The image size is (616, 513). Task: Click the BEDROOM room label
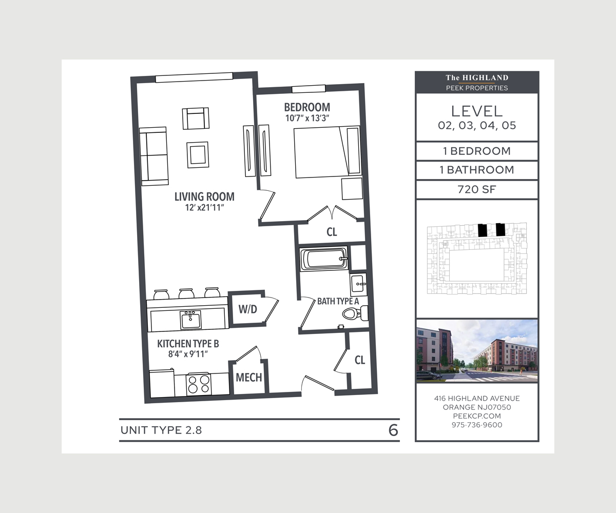coord(307,107)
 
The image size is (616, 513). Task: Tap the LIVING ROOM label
coord(204,196)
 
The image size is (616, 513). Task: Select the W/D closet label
coord(248,309)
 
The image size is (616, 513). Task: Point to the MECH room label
coord(248,378)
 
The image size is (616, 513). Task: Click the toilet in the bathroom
coord(355,313)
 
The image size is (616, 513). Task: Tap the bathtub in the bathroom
coord(323,259)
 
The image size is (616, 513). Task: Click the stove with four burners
coord(199,384)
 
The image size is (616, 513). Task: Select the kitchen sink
coord(190,319)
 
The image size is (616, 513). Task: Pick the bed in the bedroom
coord(327,152)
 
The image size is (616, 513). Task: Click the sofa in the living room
coord(153,156)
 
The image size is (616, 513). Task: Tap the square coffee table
coord(198,155)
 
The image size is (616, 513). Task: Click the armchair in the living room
coord(196,118)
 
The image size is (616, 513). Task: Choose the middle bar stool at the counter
coord(186,293)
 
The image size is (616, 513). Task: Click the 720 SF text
coord(477,189)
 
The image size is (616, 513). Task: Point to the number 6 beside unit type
coord(393,430)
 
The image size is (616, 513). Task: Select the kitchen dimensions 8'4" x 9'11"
coord(188,354)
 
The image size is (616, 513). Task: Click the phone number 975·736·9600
coord(477,425)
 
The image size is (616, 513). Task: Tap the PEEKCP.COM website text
coord(477,416)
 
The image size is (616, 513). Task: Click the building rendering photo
coord(477,351)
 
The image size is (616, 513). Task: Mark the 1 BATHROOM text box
coord(477,170)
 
